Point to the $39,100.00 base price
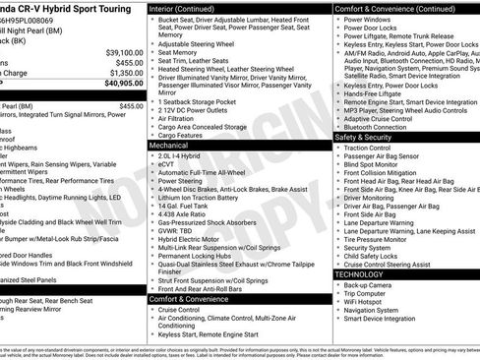(124, 51)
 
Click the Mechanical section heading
(168, 144)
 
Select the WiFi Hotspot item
(369, 302)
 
